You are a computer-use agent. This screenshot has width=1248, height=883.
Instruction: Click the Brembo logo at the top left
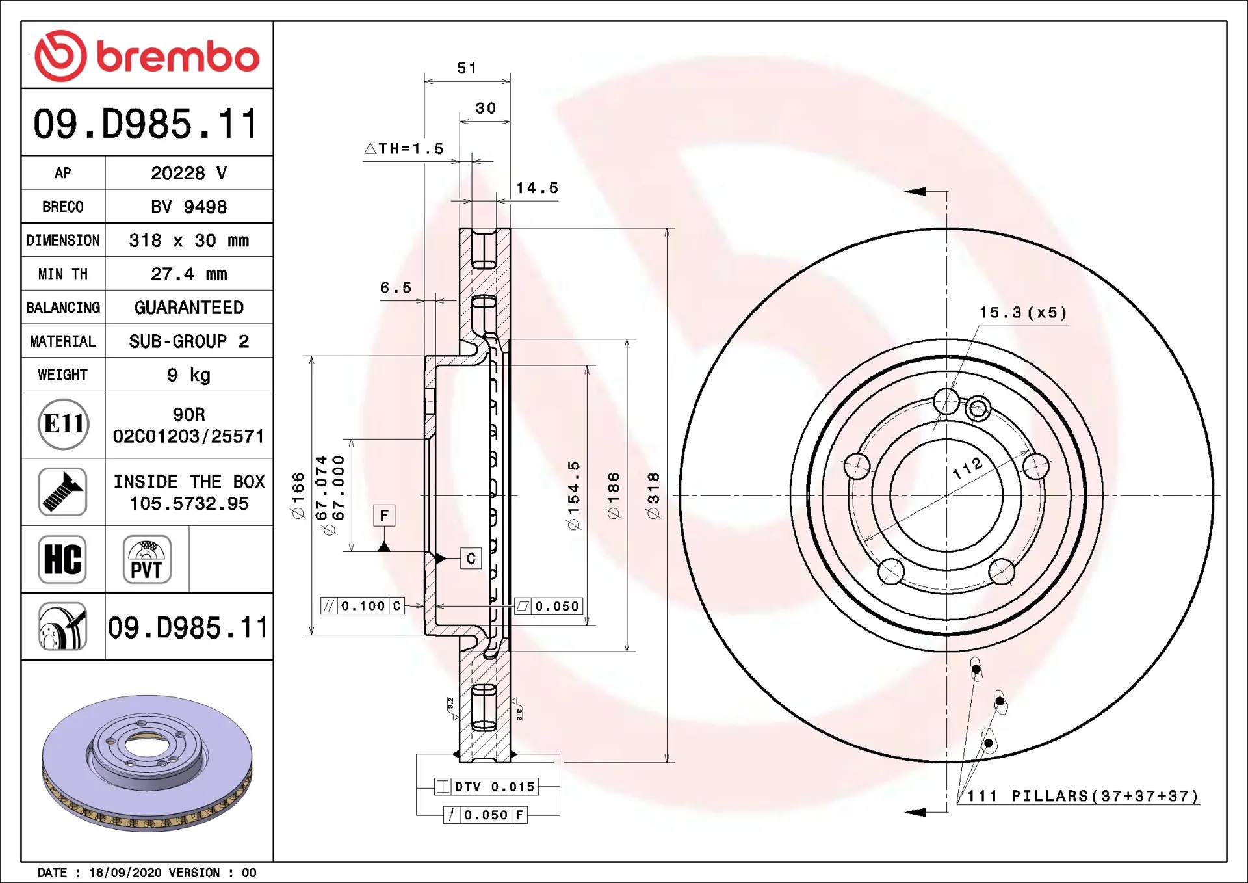pyautogui.click(x=147, y=56)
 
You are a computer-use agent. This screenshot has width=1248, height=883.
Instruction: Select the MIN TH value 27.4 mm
pyautogui.click(x=189, y=274)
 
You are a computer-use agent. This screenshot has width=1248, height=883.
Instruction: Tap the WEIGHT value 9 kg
pyautogui.click(x=189, y=375)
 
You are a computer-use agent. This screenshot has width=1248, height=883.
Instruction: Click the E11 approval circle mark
pyautogui.click(x=63, y=425)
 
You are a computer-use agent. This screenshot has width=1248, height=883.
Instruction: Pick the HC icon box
pyautogui.click(x=63, y=559)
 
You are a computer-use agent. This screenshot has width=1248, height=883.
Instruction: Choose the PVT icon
pyautogui.click(x=147, y=559)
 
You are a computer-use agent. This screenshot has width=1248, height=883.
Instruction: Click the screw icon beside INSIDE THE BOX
pyautogui.click(x=63, y=492)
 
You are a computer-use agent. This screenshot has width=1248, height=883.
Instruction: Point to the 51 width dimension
pyautogui.click(x=467, y=68)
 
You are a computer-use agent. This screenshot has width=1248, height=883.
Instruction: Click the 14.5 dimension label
pyautogui.click(x=538, y=188)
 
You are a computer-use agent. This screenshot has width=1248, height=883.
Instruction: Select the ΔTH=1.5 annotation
pyautogui.click(x=404, y=149)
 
